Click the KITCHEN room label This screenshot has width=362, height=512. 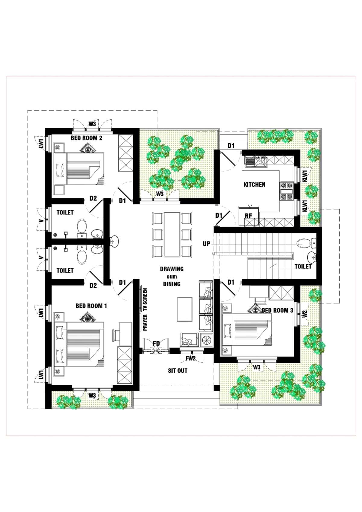point(254,185)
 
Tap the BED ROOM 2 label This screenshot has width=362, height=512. point(87,138)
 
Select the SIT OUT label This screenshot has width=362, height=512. point(178,371)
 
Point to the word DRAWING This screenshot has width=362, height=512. point(172,269)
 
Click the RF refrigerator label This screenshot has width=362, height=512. point(248,216)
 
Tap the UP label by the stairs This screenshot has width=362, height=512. point(206,244)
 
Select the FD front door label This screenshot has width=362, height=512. point(156,343)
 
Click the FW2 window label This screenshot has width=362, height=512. point(190,359)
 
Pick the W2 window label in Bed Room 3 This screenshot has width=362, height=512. point(304,314)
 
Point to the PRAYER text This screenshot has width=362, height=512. point(145,323)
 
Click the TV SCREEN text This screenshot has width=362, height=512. point(145,300)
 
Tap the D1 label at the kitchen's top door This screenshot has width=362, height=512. point(231,146)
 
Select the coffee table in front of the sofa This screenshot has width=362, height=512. point(185,309)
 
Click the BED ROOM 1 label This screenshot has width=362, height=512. point(91,306)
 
